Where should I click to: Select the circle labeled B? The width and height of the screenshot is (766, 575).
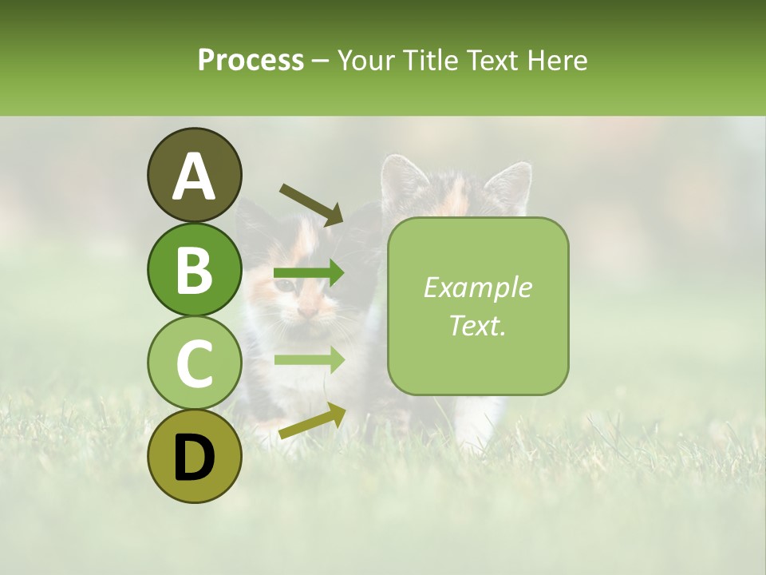point(194,269)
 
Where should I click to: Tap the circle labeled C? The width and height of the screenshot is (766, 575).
point(194,363)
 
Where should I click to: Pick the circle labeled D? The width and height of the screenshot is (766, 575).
point(194,456)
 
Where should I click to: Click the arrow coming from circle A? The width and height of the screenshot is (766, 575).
point(312,204)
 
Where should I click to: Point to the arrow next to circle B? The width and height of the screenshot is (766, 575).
point(309,273)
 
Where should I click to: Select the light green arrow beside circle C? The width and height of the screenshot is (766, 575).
point(309,359)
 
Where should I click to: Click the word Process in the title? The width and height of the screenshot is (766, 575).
point(251,60)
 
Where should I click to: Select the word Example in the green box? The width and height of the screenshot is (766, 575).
point(477,287)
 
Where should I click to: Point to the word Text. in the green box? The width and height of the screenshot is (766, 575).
point(477,325)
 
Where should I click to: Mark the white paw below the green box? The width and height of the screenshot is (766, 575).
point(479,419)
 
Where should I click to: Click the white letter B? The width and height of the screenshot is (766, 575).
point(194,269)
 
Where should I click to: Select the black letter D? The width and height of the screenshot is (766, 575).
point(194,458)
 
